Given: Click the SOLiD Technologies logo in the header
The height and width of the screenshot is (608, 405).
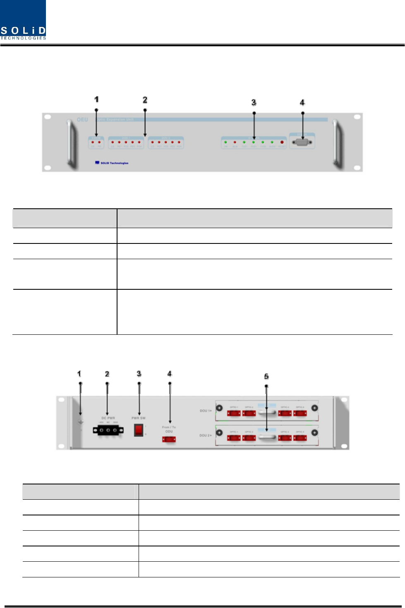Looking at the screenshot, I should pos(23,20).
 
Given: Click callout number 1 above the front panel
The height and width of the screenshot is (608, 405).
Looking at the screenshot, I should pos(96,100).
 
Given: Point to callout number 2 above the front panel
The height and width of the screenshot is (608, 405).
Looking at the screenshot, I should pos(145,100).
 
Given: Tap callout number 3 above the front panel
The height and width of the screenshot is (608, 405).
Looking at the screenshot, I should pos(254,103).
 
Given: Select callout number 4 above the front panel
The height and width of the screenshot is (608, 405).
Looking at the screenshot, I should pos(302,103).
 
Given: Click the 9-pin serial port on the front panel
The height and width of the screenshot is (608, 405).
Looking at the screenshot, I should pos(302,143).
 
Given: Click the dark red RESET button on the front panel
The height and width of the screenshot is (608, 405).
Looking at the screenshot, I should pos(282,143).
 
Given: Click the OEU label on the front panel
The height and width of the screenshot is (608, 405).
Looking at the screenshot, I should pos(82,120).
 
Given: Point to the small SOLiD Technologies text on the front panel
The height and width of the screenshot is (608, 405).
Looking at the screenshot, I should pos(114,163).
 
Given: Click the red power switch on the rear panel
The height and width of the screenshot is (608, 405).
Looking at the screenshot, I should pos(139,430).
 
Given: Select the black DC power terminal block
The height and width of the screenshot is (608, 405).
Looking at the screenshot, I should pos(108,431).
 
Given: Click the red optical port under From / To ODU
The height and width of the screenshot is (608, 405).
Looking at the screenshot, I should pos(169,439).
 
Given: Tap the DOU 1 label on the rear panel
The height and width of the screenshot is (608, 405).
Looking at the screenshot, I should pos(206,411).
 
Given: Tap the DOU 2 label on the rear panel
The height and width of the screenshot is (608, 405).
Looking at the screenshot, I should pos(206,436).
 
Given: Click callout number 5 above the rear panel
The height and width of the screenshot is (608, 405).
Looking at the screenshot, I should pos(266,377).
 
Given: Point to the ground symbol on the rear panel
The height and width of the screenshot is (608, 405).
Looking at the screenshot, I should pos(81,422).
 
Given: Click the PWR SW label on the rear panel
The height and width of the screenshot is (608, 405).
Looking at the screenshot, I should pos(139,418).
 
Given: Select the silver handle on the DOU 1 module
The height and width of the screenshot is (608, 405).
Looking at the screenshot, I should pos(267,412).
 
